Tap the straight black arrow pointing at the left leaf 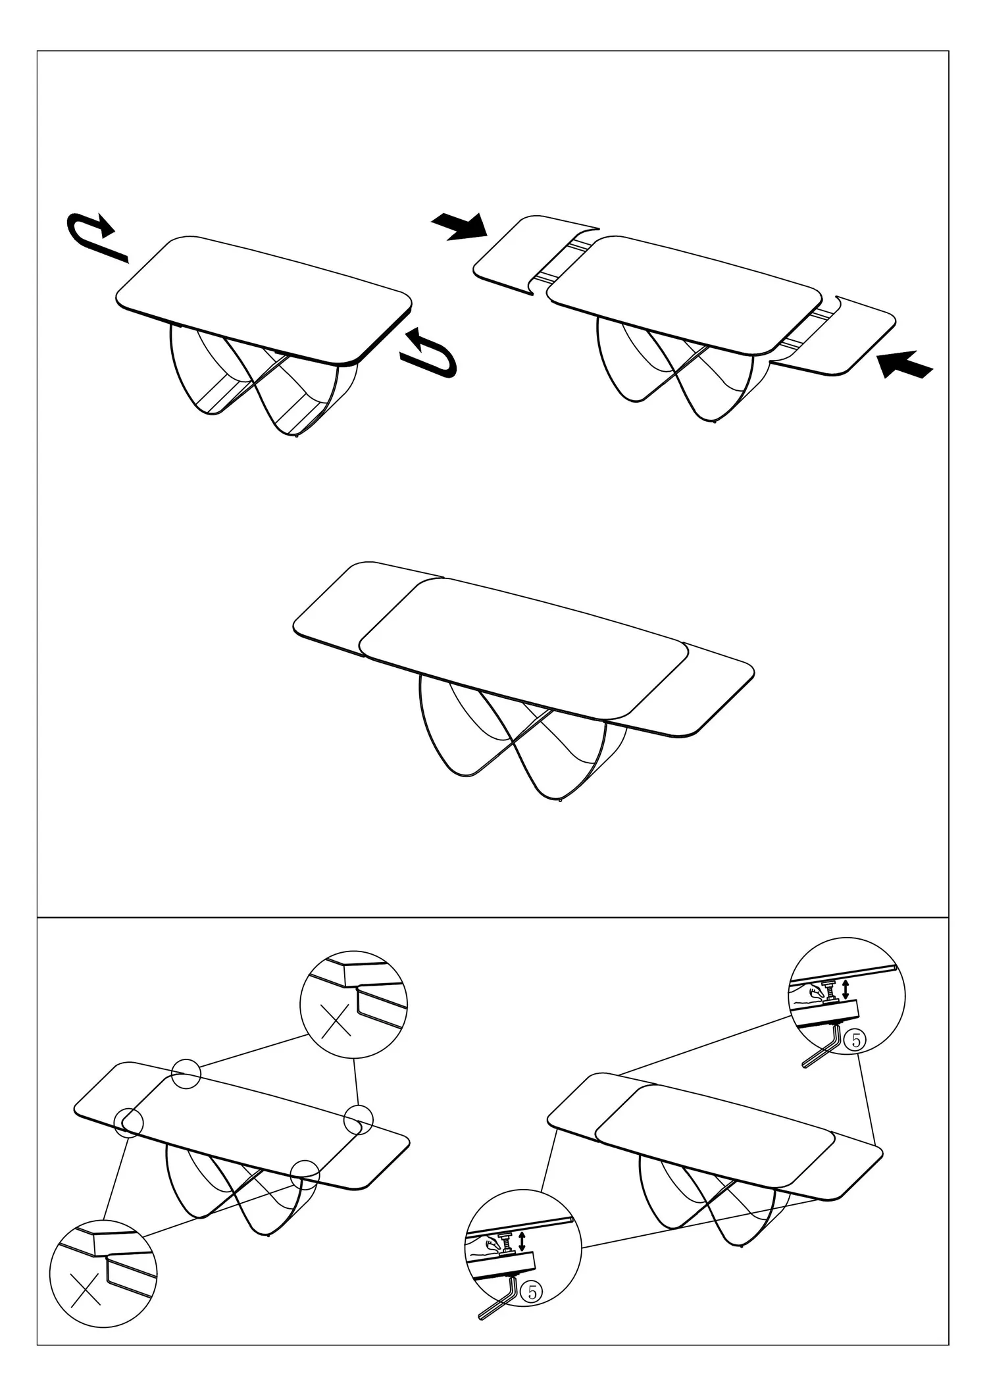tap(460, 226)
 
